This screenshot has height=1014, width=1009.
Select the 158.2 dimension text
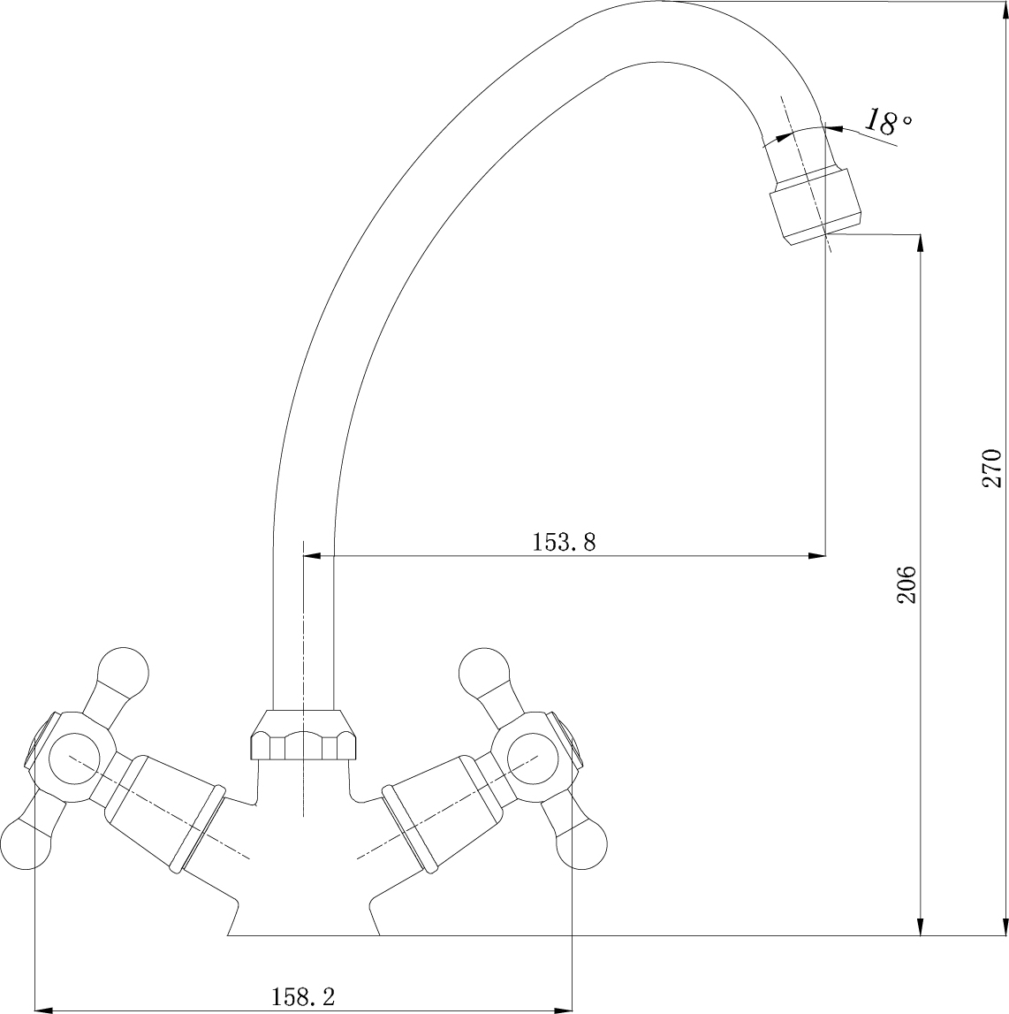(x=302, y=996)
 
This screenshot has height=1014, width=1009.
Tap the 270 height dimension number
(x=991, y=468)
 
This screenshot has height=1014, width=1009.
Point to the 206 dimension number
(x=907, y=584)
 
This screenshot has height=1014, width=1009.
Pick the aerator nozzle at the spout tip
(x=816, y=206)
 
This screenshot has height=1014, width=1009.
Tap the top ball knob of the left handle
(x=124, y=671)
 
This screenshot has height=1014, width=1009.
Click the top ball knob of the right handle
(x=483, y=671)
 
